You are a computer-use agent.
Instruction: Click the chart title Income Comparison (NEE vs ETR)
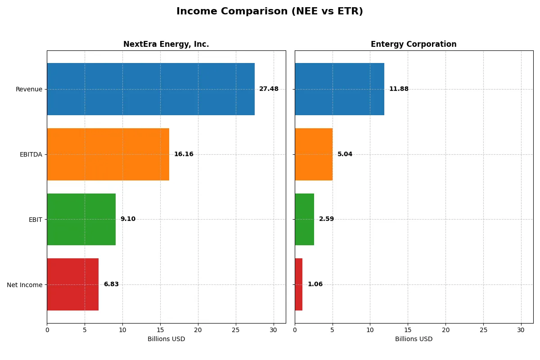click(270, 12)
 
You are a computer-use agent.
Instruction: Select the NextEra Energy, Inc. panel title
click(166, 44)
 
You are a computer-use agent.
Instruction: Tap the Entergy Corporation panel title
click(414, 44)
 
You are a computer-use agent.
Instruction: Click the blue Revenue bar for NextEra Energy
click(151, 89)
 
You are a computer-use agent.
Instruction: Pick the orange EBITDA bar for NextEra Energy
click(108, 154)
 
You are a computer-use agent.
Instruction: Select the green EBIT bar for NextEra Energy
click(81, 219)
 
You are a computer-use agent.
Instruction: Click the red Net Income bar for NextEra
click(72, 284)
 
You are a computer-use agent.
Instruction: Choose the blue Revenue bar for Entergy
click(339, 89)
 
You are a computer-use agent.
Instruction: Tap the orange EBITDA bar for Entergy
click(314, 154)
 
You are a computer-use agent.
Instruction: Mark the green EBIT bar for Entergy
click(304, 219)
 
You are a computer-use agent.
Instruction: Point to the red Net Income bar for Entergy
click(299, 284)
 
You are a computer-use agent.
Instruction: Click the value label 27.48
click(269, 89)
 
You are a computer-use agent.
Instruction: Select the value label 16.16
click(184, 154)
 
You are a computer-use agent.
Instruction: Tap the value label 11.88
click(399, 89)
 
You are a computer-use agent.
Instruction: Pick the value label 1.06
click(315, 284)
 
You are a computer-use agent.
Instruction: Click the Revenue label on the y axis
click(29, 89)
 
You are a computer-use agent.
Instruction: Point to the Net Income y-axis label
click(25, 285)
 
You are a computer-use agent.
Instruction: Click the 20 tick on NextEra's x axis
click(198, 330)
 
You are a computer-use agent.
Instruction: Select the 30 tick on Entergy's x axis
click(521, 330)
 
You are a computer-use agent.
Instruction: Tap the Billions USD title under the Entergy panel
click(414, 339)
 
